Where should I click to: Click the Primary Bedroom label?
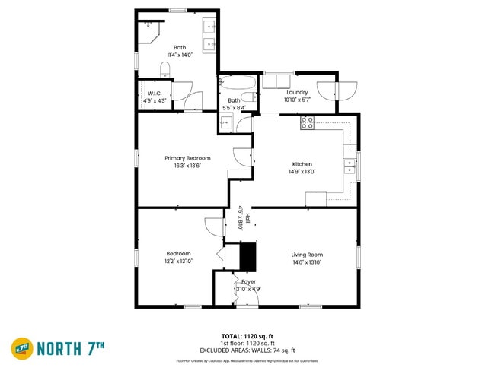coord(187,158)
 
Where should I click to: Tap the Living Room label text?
coord(307,255)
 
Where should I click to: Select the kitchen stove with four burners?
coord(308,122)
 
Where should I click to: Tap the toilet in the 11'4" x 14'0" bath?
coord(165,71)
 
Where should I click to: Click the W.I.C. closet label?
coord(155,94)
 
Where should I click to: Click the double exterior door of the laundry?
coord(337,91)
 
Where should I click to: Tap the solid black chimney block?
coord(248,256)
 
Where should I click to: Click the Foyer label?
coord(248,282)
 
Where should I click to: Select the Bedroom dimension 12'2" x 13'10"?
coord(179,262)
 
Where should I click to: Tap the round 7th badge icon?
coord(21,348)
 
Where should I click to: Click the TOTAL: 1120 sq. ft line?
coord(247,335)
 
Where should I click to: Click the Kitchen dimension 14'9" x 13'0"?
coord(302,172)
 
